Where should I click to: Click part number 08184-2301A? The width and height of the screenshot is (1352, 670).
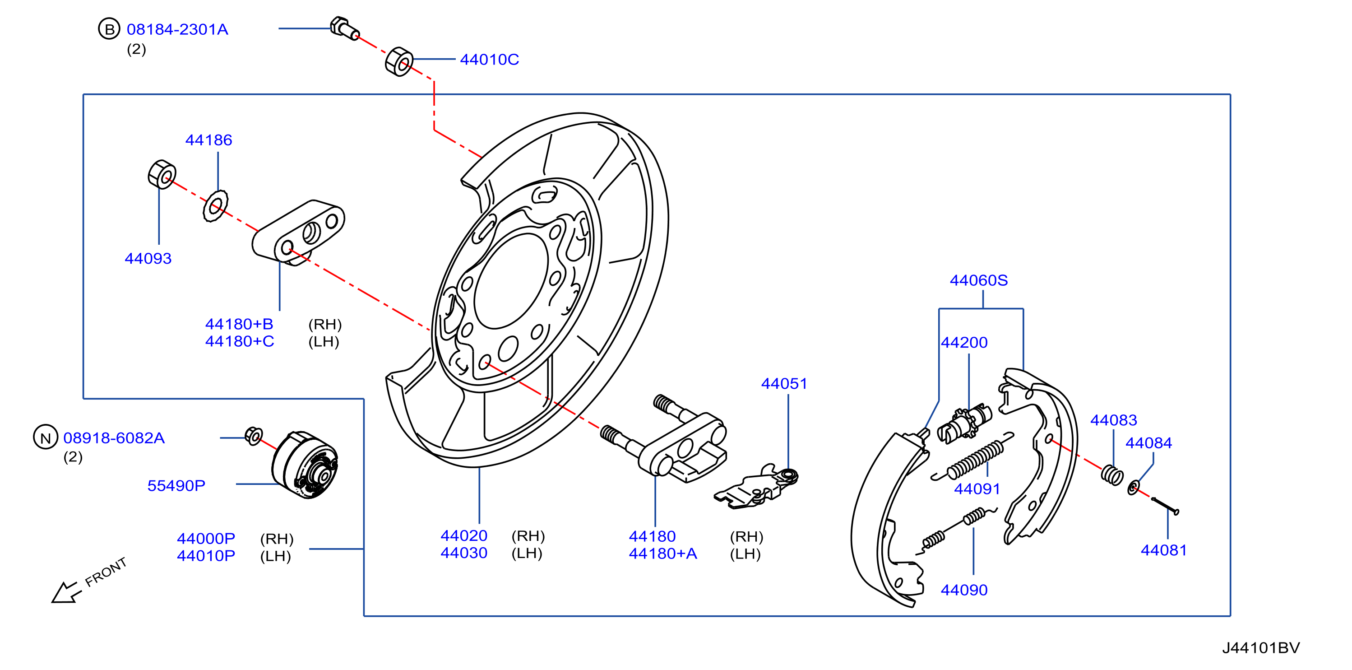[177, 29]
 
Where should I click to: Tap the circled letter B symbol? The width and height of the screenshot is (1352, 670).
[109, 29]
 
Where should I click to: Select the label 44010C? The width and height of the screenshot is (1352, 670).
[489, 59]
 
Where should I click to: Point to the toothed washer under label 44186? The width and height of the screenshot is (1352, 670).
[215, 206]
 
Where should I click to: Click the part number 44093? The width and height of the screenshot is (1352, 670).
[148, 258]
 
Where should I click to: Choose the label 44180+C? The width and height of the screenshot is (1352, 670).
[239, 341]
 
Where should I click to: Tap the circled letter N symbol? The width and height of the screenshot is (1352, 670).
[45, 437]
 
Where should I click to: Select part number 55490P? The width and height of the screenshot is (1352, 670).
[176, 486]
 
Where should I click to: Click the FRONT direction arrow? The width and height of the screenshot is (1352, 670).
[67, 592]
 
